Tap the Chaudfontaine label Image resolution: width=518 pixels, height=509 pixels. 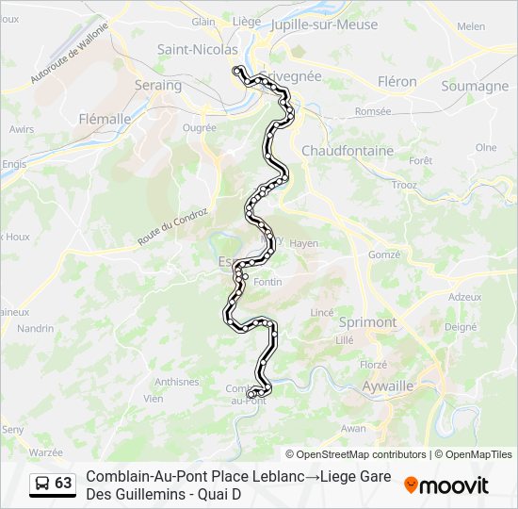[348, 151]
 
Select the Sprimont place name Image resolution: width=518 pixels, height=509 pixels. [367, 321]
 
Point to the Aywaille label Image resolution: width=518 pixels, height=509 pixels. [388, 386]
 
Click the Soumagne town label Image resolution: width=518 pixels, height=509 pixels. [475, 87]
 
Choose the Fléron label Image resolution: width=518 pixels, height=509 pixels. [397, 82]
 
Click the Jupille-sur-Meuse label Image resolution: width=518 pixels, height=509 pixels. [324, 25]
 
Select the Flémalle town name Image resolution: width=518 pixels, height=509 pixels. [105, 120]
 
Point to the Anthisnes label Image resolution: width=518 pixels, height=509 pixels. [177, 382]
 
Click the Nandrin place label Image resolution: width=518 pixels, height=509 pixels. [36, 328]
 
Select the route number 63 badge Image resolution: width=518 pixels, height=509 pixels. [63, 483]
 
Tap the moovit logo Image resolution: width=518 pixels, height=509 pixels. [446, 485]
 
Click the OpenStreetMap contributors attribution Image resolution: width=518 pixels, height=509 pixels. [357, 454]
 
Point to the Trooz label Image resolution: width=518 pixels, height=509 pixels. [405, 185]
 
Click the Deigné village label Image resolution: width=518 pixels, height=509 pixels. [461, 327]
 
